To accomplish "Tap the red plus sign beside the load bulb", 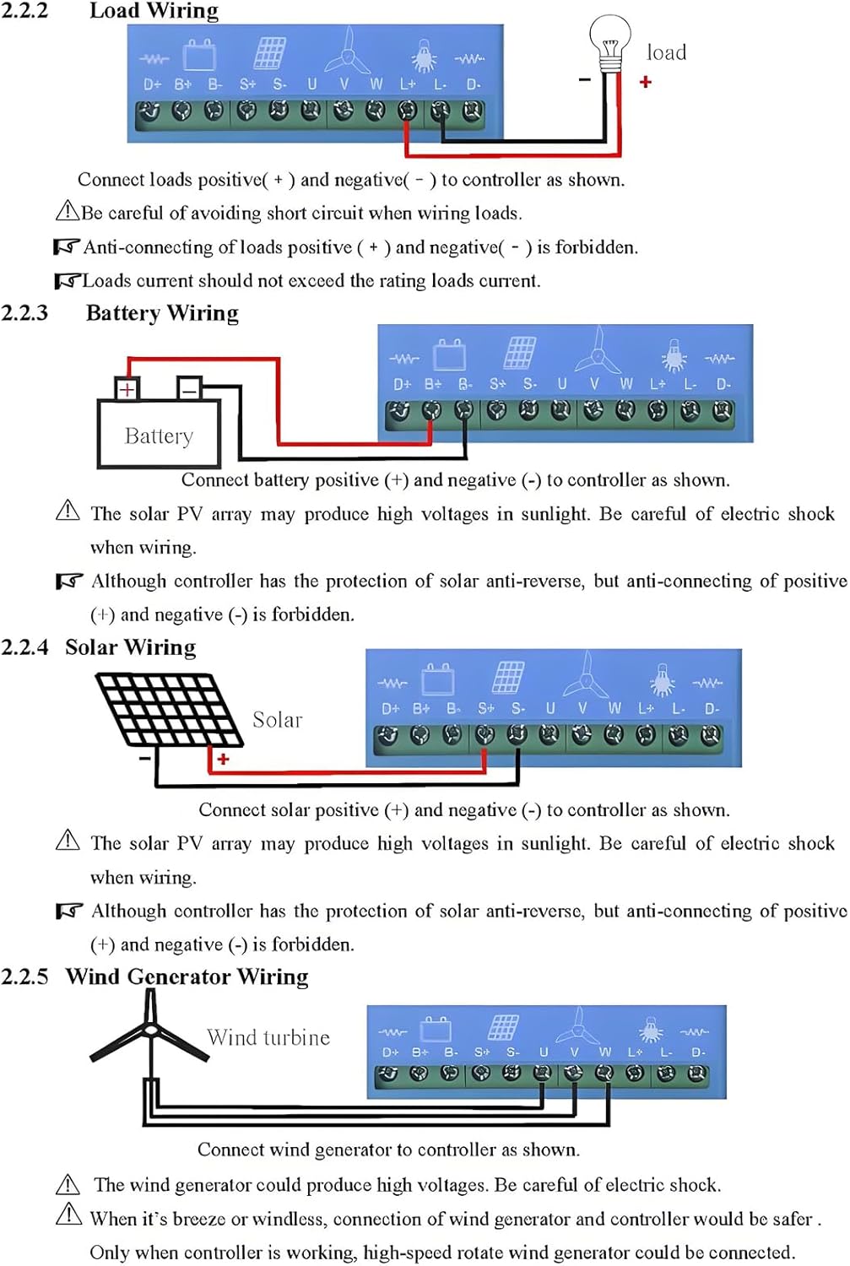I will (646, 82).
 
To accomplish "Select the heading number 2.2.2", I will (24, 10).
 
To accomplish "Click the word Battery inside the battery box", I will (159, 436).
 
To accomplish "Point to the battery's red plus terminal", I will (127, 389).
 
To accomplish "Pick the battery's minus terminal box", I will (189, 389).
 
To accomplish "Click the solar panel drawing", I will (167, 709).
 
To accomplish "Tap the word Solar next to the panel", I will (277, 720).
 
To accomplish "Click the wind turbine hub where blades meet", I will (149, 1030).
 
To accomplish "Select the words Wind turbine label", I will (268, 1037).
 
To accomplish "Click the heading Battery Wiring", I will (162, 313).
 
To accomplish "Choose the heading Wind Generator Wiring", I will (187, 977).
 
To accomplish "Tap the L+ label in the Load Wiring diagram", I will (408, 84).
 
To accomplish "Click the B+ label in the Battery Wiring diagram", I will (432, 384).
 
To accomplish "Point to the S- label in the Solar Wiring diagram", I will (517, 708).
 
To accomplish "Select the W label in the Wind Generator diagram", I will (604, 1052).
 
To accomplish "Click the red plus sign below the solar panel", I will (223, 760).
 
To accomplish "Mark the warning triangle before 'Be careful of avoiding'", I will (67, 211).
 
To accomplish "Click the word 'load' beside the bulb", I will (666, 52).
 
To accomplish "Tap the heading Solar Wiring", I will (130, 647).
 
